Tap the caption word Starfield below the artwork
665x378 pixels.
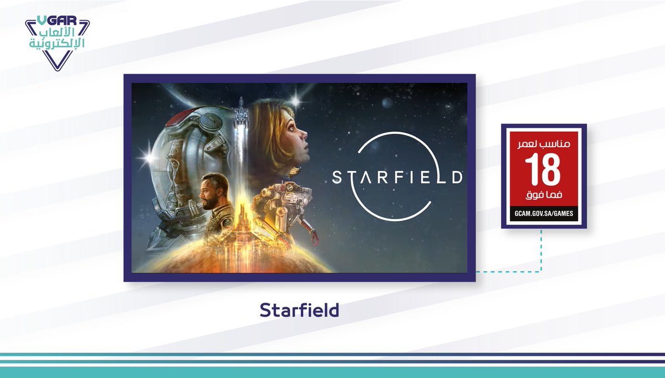(299, 310)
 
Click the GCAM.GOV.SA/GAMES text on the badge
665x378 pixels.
(544, 213)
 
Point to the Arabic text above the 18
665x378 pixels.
(544, 143)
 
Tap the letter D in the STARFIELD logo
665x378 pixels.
(457, 178)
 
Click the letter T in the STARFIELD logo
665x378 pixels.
(352, 178)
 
